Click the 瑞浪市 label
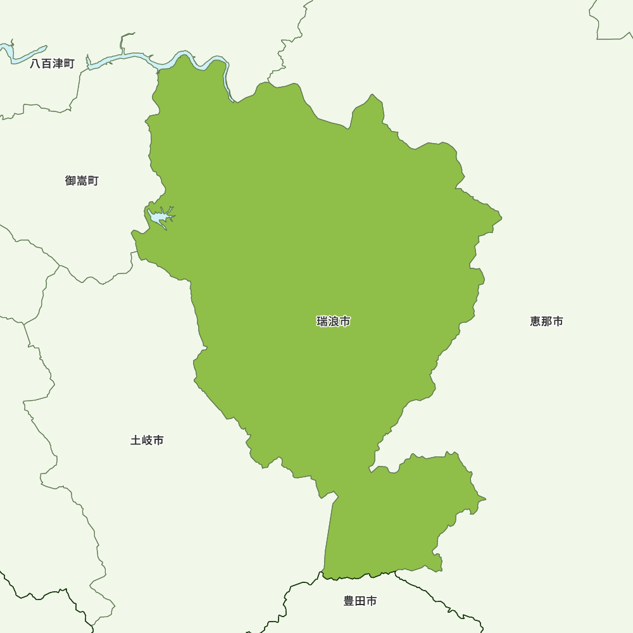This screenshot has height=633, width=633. click(334, 322)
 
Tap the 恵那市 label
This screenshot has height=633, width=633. click(546, 322)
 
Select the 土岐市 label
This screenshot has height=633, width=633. click(147, 440)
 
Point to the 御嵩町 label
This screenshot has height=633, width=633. click(82, 181)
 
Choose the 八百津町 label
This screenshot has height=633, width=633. click(52, 64)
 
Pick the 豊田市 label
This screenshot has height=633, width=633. click(360, 601)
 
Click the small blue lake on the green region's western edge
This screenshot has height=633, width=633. click(160, 218)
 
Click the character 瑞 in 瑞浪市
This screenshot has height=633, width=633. click(322, 322)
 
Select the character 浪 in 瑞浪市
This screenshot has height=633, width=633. click(334, 322)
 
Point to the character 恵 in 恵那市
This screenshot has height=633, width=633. click(536, 322)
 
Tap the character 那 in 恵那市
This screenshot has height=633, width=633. click(546, 322)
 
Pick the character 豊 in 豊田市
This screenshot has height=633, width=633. click(349, 601)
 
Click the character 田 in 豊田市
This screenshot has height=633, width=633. click(360, 601)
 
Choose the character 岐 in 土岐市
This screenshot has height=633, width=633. click(147, 440)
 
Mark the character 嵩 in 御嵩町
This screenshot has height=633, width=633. click(82, 181)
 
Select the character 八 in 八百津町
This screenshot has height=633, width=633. click(35, 64)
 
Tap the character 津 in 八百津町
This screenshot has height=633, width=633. click(58, 64)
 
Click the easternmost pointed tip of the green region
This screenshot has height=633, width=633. click(501, 218)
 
